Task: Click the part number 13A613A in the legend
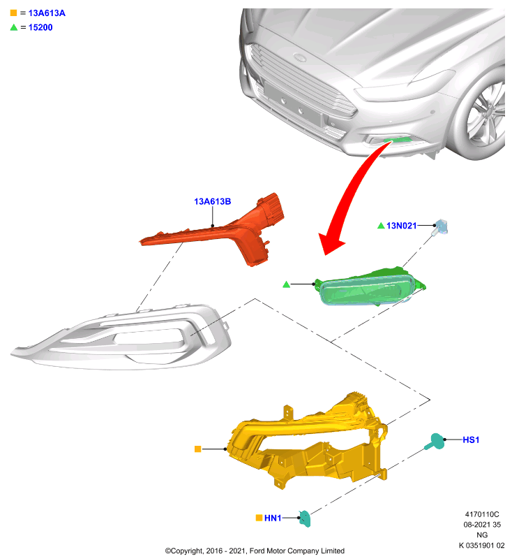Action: coord(47,13)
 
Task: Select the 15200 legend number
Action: coord(40,27)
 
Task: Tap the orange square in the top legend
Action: coord(13,13)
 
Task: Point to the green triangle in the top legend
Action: coord(14,27)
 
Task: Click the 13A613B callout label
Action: coord(213,201)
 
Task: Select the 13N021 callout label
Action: coord(401,226)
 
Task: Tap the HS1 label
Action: coord(471,440)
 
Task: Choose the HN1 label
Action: coord(273,518)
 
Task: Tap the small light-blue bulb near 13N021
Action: coord(440,227)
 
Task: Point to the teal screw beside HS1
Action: coord(435,442)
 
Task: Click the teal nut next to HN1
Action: coord(305,518)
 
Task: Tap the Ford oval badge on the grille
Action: coord(300,57)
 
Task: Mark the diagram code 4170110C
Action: coord(482,514)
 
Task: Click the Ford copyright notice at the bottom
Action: coord(255,551)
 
